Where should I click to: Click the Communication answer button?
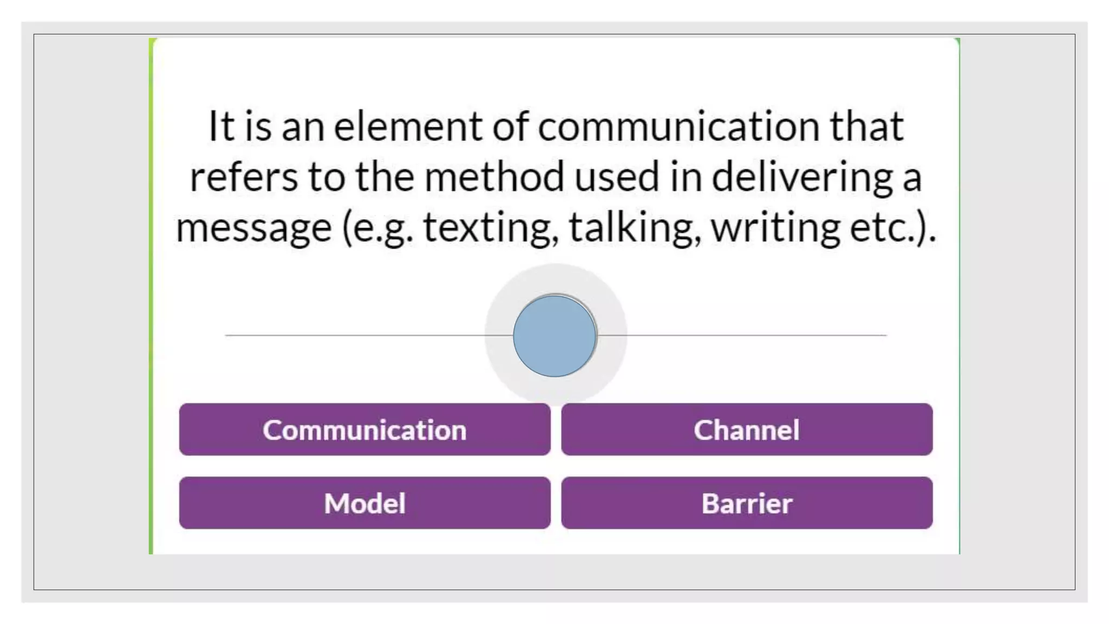click(364, 430)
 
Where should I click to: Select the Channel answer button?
click(747, 430)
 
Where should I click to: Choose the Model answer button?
click(364, 503)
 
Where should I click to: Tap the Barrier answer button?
click(747, 503)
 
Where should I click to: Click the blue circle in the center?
click(554, 336)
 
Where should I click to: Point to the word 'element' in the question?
click(407, 127)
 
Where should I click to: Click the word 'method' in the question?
click(494, 177)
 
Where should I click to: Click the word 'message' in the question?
click(253, 227)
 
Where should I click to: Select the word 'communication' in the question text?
click(679, 127)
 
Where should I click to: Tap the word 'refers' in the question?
click(244, 177)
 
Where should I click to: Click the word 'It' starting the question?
click(221, 127)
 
